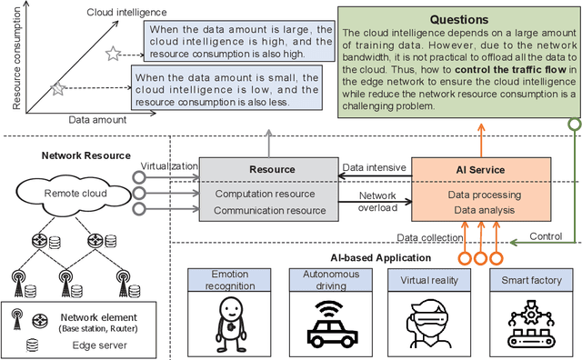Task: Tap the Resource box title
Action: [x=272, y=169]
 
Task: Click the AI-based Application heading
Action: [x=364, y=255]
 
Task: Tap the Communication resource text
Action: [x=270, y=211]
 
